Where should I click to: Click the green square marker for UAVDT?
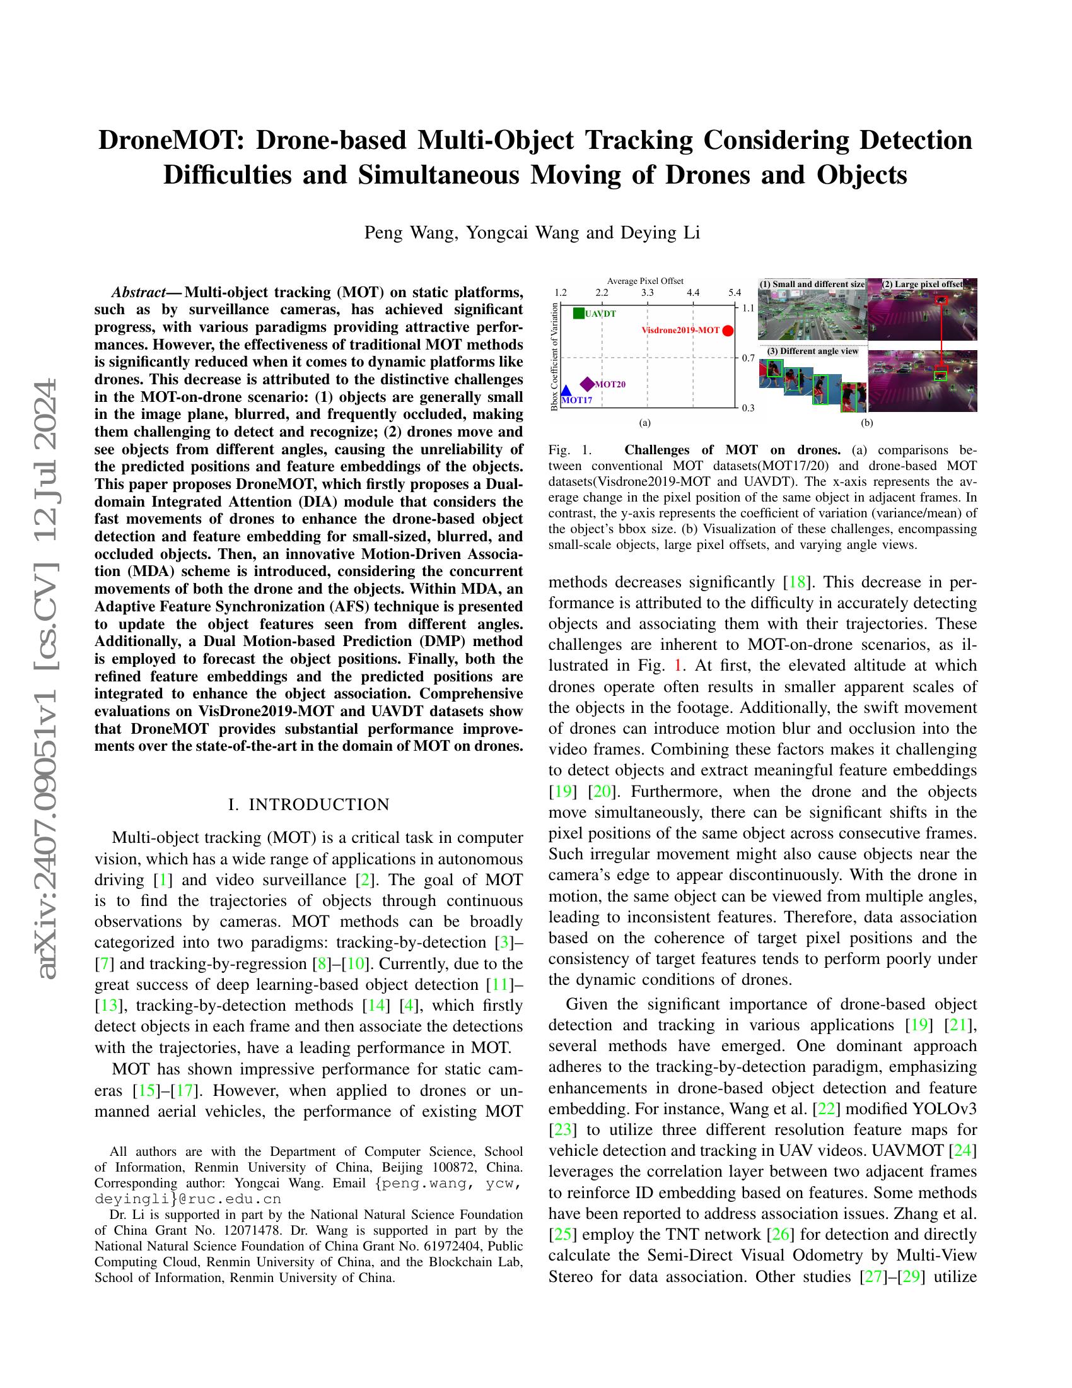(x=578, y=313)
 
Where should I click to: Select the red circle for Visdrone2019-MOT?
(x=728, y=331)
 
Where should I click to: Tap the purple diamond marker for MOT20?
(x=588, y=384)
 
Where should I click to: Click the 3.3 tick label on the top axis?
(x=647, y=292)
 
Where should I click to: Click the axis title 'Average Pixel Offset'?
(x=645, y=280)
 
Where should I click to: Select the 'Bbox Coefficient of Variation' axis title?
(x=554, y=356)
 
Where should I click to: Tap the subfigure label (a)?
(x=645, y=422)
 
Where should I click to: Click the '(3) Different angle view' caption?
(x=812, y=351)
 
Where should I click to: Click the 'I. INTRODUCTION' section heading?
(x=308, y=804)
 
